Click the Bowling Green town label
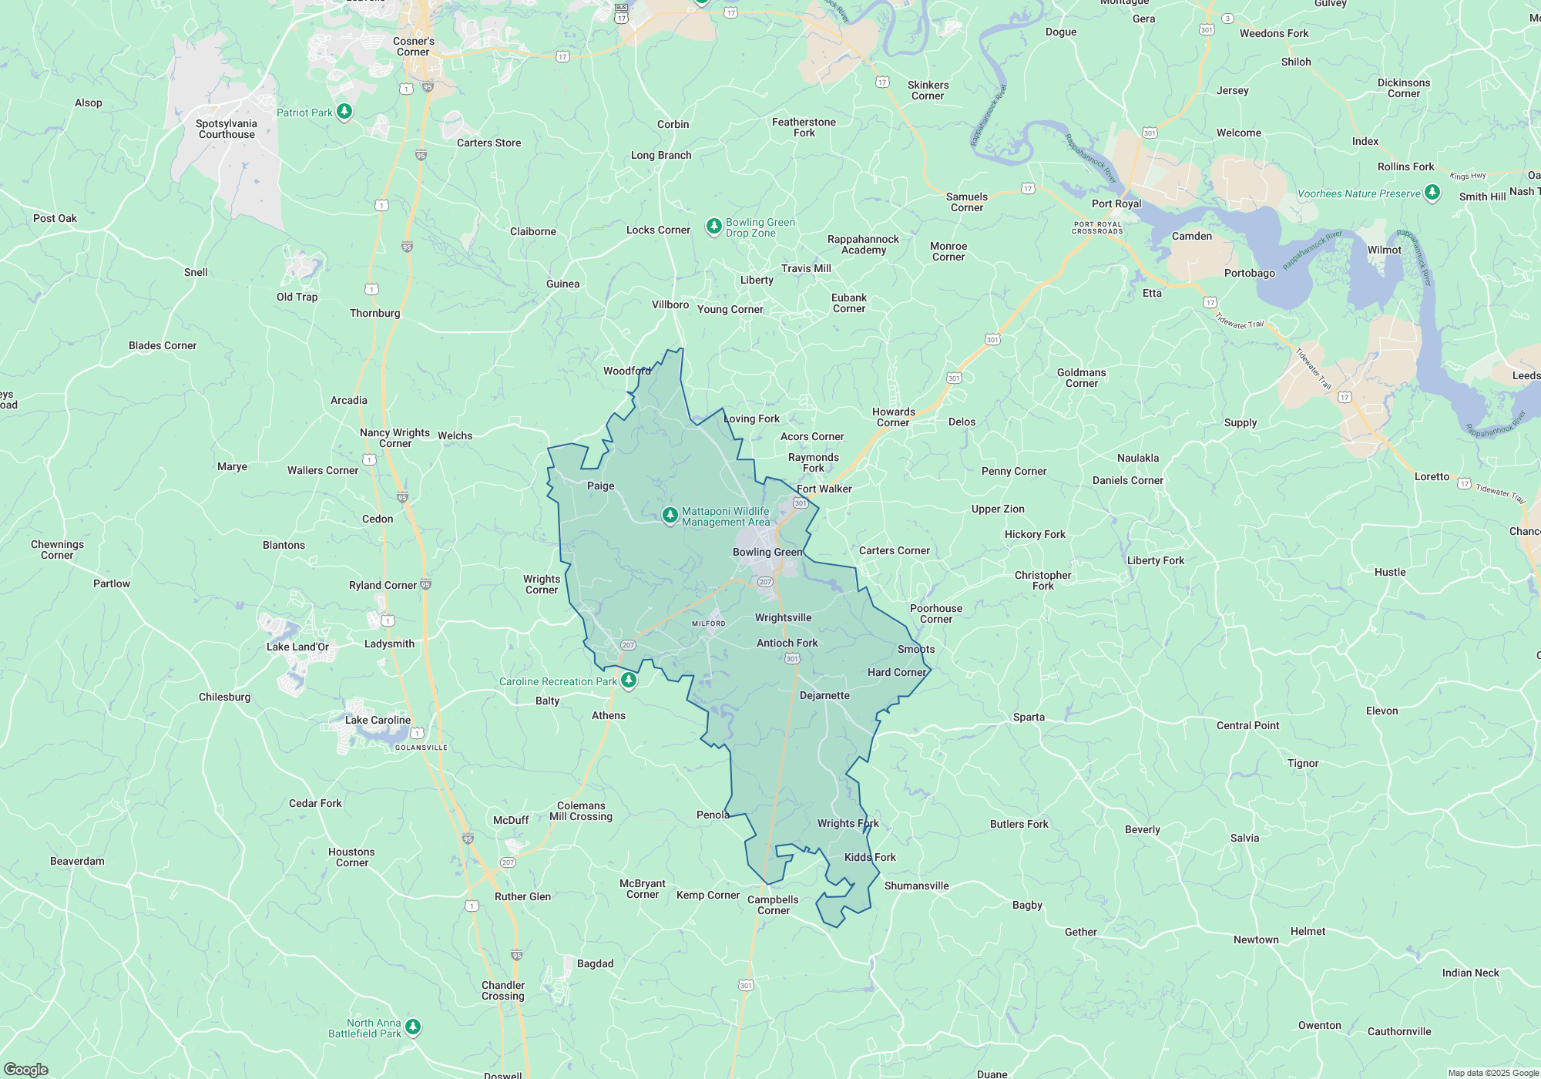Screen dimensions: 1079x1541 tap(767, 552)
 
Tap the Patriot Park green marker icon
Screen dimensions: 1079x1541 tap(344, 112)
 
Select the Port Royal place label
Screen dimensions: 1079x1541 tap(1116, 203)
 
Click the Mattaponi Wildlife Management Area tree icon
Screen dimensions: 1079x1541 tap(670, 515)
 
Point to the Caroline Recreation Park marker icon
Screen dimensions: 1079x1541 tap(629, 680)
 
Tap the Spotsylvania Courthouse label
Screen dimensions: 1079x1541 tap(227, 129)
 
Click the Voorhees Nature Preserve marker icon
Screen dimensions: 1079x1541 tap(1432, 192)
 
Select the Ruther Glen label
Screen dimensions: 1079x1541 tap(522, 896)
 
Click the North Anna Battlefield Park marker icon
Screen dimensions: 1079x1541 tap(413, 1027)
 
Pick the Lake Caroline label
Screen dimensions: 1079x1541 tap(378, 720)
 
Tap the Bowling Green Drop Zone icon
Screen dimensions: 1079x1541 tap(714, 226)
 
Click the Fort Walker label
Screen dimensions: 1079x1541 tap(824, 489)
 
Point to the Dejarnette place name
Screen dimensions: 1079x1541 tap(824, 695)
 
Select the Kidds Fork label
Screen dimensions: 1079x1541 tap(870, 857)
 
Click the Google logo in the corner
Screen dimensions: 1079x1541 tap(25, 1069)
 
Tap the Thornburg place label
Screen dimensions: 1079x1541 tap(374, 313)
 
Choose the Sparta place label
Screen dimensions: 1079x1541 tap(1029, 717)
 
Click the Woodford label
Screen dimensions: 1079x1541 tap(626, 371)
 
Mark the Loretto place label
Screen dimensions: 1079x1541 tap(1432, 476)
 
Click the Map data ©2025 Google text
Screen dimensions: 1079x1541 tap(1492, 1073)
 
